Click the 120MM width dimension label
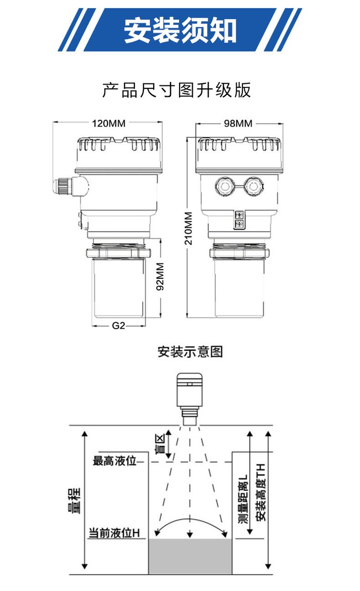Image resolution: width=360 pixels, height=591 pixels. pyautogui.click(x=109, y=123)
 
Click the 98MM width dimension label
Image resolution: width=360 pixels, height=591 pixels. pyautogui.click(x=238, y=123)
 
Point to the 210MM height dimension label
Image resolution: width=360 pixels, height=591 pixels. pyautogui.click(x=189, y=228)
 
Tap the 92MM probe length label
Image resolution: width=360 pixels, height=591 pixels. pyautogui.click(x=160, y=276)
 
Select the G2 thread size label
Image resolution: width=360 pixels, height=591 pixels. pyautogui.click(x=118, y=326)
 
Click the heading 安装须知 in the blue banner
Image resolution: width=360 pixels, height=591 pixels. pyautogui.click(x=180, y=30)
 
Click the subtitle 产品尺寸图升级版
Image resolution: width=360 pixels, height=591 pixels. pyautogui.click(x=176, y=90)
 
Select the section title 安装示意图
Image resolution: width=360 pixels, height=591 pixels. pyautogui.click(x=190, y=352)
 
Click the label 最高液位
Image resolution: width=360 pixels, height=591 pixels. pyautogui.click(x=114, y=461)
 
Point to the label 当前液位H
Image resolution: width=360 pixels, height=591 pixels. pyautogui.click(x=114, y=532)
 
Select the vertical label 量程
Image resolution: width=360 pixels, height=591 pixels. pyautogui.click(x=74, y=501)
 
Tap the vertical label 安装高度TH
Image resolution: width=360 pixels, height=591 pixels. pyautogui.click(x=260, y=492)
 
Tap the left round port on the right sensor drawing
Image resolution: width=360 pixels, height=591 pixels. pyautogui.click(x=225, y=187)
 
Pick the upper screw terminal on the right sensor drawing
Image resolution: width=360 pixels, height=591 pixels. pyautogui.click(x=239, y=214)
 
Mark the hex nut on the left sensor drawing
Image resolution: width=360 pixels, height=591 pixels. pyautogui.click(x=119, y=253)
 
